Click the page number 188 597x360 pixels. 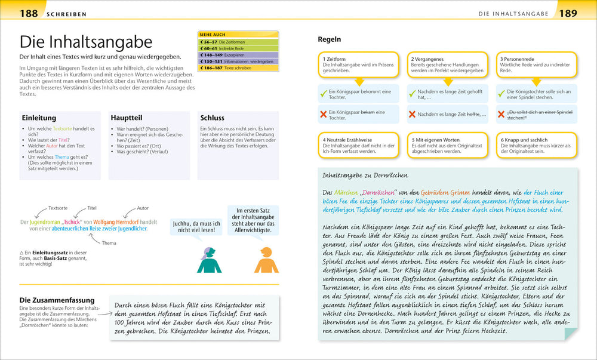(28, 13)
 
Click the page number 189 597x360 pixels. (568, 13)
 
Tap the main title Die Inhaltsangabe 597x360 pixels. (86, 42)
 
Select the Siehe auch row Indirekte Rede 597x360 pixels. (238, 48)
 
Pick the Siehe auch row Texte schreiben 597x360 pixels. (238, 68)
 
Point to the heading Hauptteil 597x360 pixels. (126, 118)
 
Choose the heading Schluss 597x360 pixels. (212, 118)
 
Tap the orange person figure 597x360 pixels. (263, 260)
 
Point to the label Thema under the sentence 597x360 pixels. (109, 243)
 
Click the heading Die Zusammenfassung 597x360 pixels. (57, 300)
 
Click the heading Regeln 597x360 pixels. (329, 39)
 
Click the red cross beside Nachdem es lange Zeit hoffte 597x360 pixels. (411, 114)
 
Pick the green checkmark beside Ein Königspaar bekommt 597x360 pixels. (323, 94)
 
